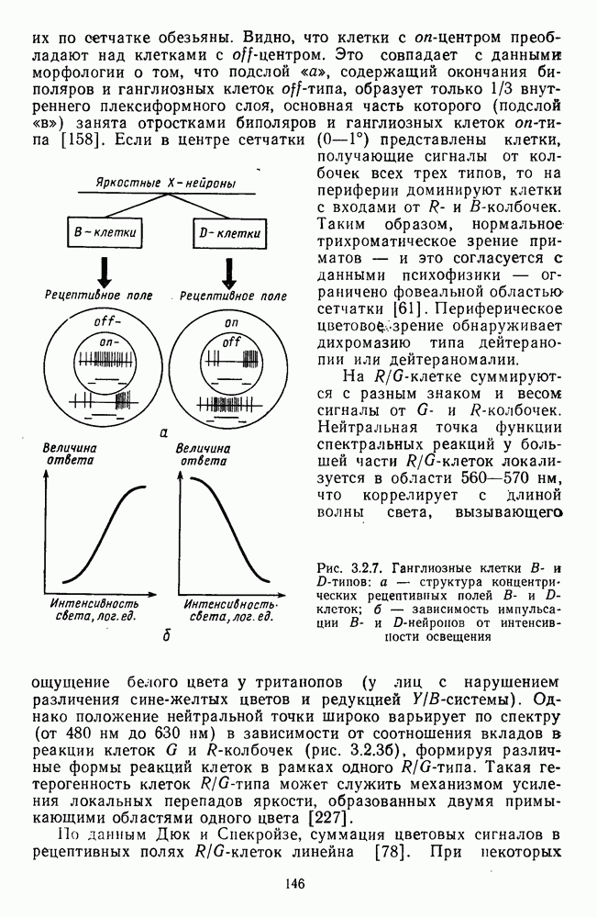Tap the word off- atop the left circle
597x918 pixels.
click(108, 324)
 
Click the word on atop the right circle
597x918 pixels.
click(230, 324)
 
